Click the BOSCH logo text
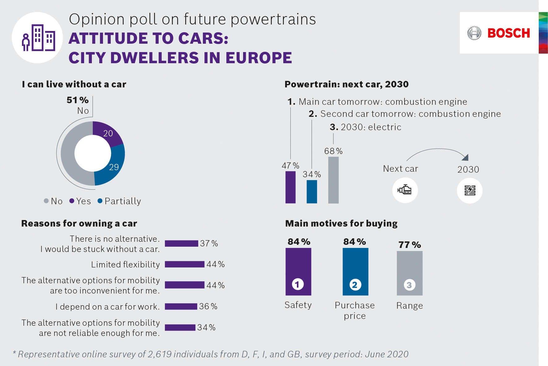pos(508,33)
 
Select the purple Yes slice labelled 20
pos(107,133)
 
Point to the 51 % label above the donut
pos(77,100)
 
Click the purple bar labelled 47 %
pos(290,187)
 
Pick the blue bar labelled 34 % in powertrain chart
pos(312,192)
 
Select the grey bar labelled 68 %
pos(333,180)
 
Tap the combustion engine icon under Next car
pos(405,190)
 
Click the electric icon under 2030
pos(470,190)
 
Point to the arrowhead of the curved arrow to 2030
pos(465,157)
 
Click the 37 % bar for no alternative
pos(181,244)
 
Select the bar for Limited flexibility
pos(185,264)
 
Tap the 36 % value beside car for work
pos(208,306)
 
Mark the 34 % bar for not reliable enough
pos(180,328)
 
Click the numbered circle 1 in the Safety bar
pos(298,284)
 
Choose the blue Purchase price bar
pos(355,271)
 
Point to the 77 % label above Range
pos(409,245)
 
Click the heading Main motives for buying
pos(341,223)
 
